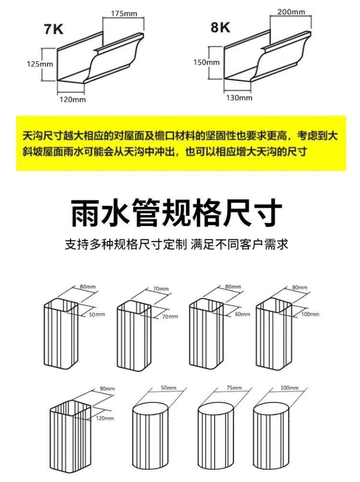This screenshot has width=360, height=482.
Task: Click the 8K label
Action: click(x=220, y=27)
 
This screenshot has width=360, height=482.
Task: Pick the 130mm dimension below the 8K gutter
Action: click(x=239, y=98)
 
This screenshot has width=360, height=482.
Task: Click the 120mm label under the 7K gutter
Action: click(x=72, y=99)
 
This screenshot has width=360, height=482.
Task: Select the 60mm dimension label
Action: click(x=242, y=314)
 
